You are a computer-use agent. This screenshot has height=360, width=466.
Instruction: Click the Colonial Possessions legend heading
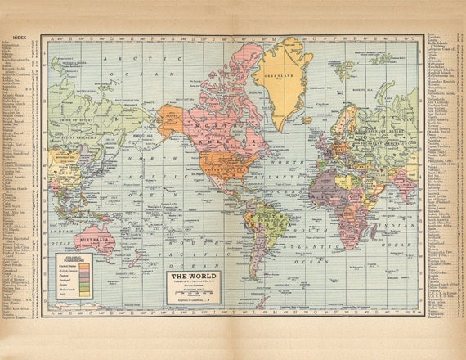[71, 260]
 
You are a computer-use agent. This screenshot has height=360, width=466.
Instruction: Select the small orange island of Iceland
[307, 120]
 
